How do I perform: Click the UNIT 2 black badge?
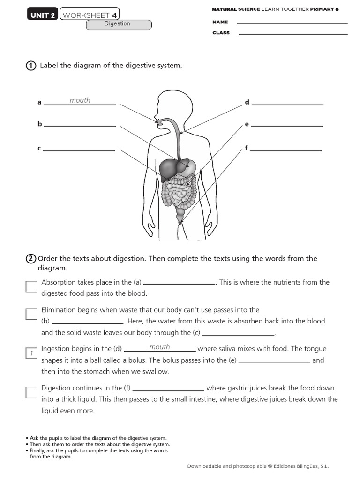pos(43,15)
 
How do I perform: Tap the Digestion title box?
pos(119,24)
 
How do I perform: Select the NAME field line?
pos(292,23)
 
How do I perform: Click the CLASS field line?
pos(293,34)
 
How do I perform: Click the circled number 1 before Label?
pos(31,66)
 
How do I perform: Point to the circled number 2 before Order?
pos(31,259)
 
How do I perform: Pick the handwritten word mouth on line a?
pos(80,100)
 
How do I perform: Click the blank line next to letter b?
pos(80,126)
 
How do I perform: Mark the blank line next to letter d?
pos(287,104)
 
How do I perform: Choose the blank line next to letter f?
pos(285,150)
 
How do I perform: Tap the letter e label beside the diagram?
pos(247,125)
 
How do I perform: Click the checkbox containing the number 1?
pos(31,353)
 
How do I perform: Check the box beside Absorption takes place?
pos(31,286)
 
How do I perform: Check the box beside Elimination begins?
pos(31,314)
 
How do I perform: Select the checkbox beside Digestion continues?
pos(31,392)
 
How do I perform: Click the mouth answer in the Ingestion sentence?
pos(159,347)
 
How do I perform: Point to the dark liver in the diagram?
pos(169,168)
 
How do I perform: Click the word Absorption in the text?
pos(59,282)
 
